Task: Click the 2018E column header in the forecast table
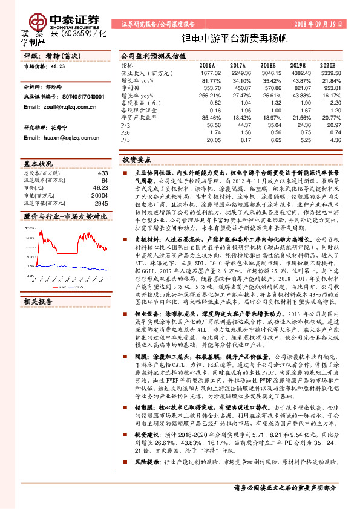(267, 64)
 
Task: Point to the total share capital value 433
(102, 173)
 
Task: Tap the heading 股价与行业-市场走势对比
(65, 215)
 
